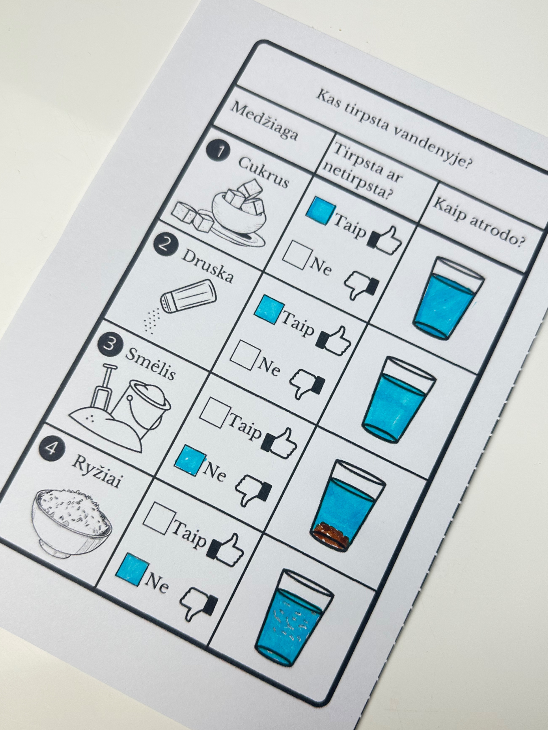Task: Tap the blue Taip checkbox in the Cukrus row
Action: tap(321, 211)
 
